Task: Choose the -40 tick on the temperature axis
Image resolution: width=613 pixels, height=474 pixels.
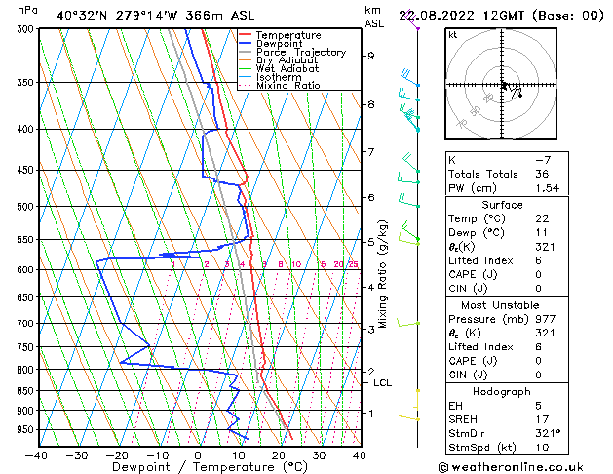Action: [37, 454]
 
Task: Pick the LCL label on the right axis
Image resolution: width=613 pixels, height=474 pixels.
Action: [382, 382]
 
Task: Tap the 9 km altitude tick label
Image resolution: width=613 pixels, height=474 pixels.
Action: [370, 56]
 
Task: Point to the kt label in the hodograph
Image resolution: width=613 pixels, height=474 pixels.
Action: [452, 35]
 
